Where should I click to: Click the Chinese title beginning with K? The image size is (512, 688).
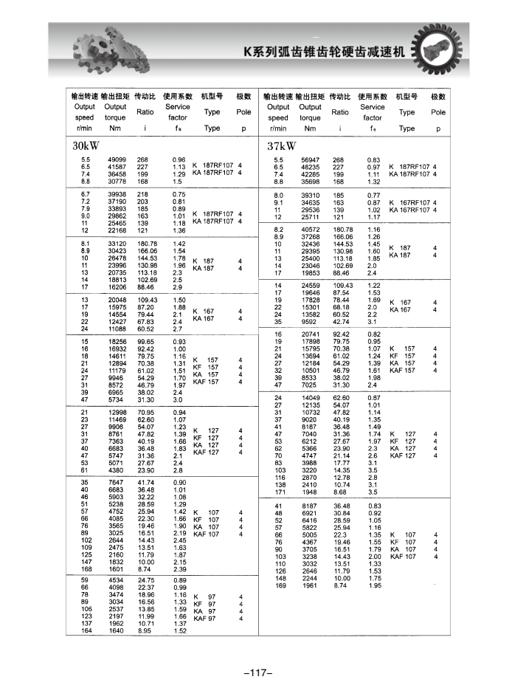324,53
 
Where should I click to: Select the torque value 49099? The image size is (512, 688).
117,159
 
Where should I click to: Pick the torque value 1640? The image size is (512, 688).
117,631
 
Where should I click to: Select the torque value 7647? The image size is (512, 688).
117,482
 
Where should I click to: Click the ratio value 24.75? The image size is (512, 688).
147,580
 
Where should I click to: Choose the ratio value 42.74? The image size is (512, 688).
340,321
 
